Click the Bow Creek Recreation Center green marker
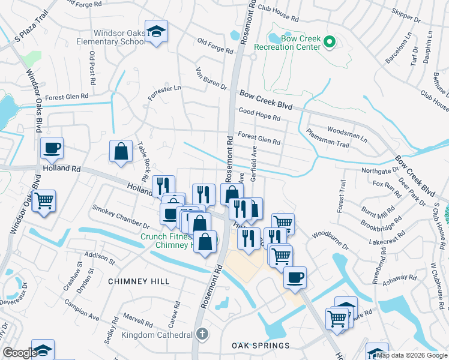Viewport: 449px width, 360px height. (328, 42)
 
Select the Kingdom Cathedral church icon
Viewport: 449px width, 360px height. (203, 334)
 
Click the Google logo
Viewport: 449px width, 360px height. (20, 353)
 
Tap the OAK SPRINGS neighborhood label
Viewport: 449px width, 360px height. (261, 346)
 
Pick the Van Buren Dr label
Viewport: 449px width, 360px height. (211, 79)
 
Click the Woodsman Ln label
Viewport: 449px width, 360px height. (347, 133)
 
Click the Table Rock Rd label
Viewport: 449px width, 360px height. (143, 162)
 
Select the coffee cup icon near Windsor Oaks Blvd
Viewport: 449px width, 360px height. (52, 148)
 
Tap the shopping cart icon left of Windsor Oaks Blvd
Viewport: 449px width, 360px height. (44, 200)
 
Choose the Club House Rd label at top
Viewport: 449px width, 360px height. (278, 14)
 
